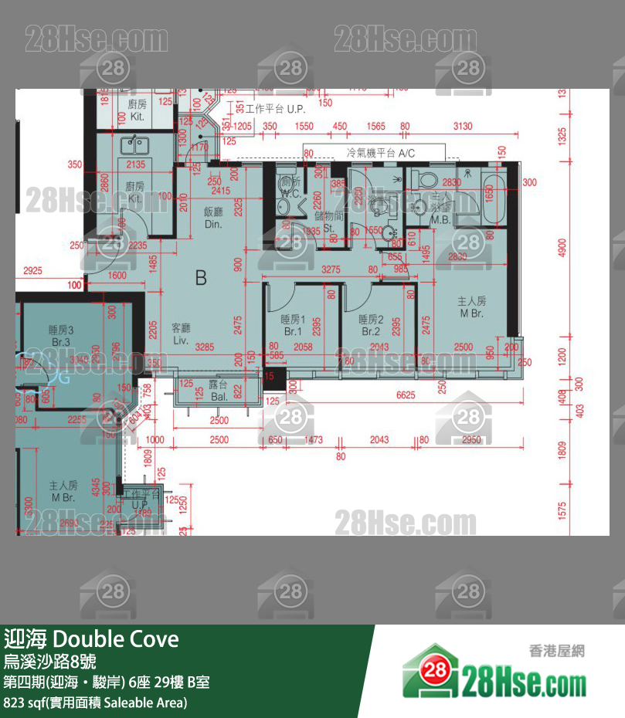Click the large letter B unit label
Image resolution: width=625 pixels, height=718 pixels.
pyautogui.click(x=201, y=277)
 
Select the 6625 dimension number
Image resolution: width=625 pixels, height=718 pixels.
pyautogui.click(x=405, y=395)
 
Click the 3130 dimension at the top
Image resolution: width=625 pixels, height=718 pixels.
pyautogui.click(x=463, y=126)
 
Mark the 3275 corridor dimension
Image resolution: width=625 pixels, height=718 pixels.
pyautogui.click(x=330, y=269)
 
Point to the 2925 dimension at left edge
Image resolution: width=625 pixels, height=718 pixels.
pyautogui.click(x=32, y=271)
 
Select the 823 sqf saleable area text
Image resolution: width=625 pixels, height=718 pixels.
pyautogui.click(x=96, y=703)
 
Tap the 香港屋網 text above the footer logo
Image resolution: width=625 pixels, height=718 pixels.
pyautogui.click(x=556, y=650)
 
